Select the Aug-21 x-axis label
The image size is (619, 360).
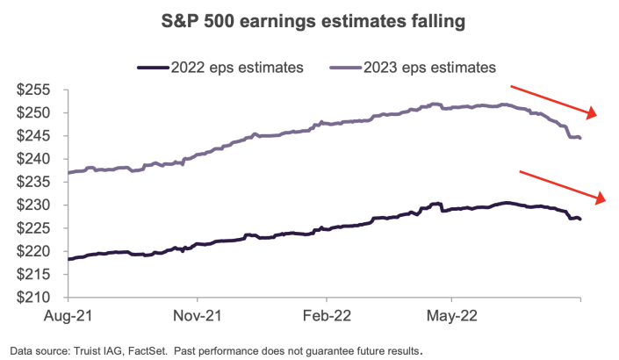[68, 314]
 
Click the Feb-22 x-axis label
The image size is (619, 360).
[327, 314]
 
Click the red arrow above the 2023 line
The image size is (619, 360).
[554, 100]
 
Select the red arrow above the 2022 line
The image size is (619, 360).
[563, 185]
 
